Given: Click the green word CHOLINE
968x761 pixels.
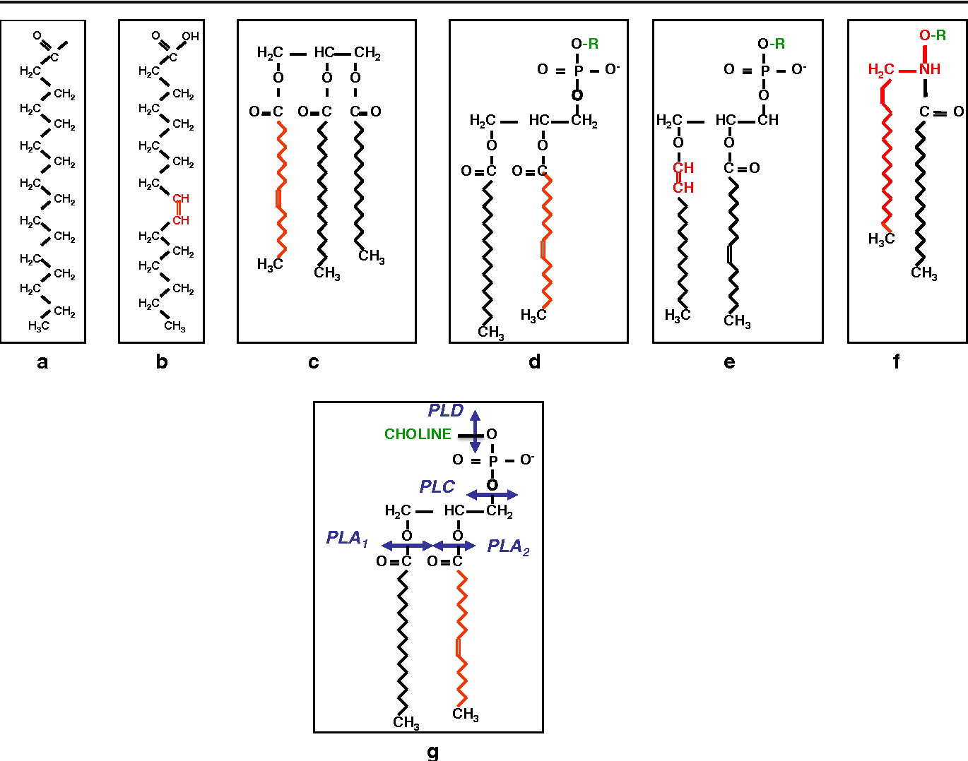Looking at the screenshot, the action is [418, 433].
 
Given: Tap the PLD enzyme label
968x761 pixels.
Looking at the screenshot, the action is [445, 410].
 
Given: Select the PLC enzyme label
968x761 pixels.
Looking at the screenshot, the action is [437, 486].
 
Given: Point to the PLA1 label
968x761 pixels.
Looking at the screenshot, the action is [347, 539].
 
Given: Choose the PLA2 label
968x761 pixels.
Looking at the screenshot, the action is [508, 547].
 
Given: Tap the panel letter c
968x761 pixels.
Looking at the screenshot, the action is [314, 362].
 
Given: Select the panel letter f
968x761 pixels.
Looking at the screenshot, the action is [896, 361].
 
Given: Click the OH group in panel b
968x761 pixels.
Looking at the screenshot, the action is [190, 37].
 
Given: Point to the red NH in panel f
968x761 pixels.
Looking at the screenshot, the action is [930, 69].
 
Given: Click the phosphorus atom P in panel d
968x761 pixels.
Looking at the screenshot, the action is [579, 70].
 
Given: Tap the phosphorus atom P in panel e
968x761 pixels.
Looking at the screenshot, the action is [765, 70].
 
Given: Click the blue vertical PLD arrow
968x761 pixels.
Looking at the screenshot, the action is [475, 431].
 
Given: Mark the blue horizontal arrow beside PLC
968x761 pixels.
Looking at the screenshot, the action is [492, 495].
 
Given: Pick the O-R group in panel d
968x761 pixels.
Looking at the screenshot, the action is [585, 44].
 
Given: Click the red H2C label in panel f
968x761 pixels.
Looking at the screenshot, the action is [880, 70].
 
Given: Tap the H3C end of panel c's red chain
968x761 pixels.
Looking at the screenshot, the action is [270, 265].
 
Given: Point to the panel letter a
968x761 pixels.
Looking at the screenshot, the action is [42, 362].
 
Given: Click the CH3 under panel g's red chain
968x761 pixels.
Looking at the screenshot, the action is [466, 714].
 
